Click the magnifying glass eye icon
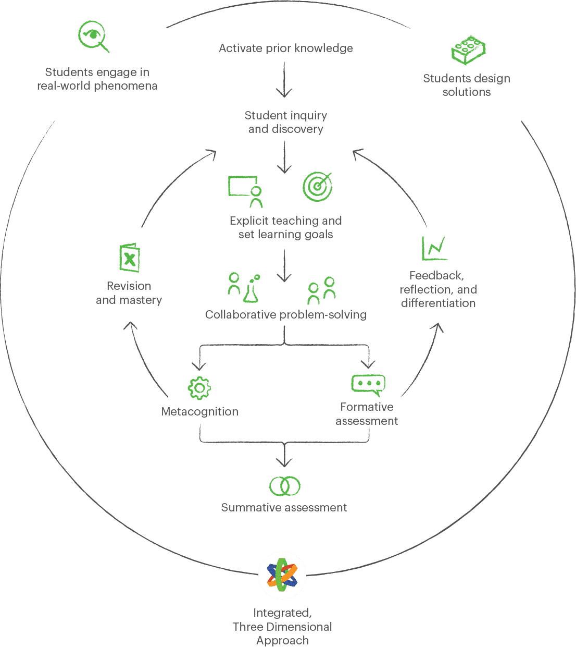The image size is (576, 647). [x=93, y=36]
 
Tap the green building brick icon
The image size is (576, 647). [x=468, y=50]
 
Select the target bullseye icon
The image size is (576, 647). [x=317, y=187]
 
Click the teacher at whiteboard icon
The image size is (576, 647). [x=245, y=192]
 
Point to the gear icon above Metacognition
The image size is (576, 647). [x=199, y=388]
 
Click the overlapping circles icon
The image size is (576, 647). [x=285, y=486]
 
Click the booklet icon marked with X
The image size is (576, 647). [x=130, y=258]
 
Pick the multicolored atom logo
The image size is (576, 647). [x=282, y=575]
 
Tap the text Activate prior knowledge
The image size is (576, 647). [x=285, y=48]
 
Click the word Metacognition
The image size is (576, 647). [x=200, y=411]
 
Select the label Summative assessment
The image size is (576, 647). [x=284, y=507]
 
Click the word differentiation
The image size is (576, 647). [x=438, y=303]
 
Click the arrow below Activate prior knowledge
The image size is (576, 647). [x=284, y=80]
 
